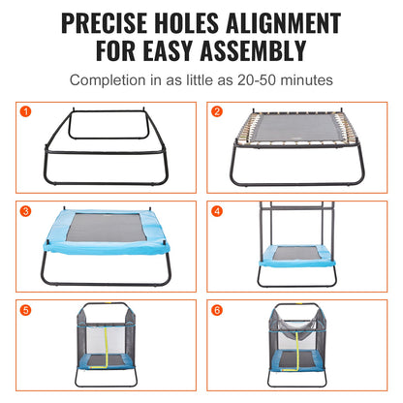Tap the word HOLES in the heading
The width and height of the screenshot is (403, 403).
[x=201, y=20]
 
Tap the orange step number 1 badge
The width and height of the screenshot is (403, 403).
[x=27, y=110]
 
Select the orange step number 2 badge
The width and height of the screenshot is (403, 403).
[x=217, y=110]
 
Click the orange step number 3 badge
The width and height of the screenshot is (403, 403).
[x=27, y=208]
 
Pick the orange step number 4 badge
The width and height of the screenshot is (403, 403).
[x=217, y=208]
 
